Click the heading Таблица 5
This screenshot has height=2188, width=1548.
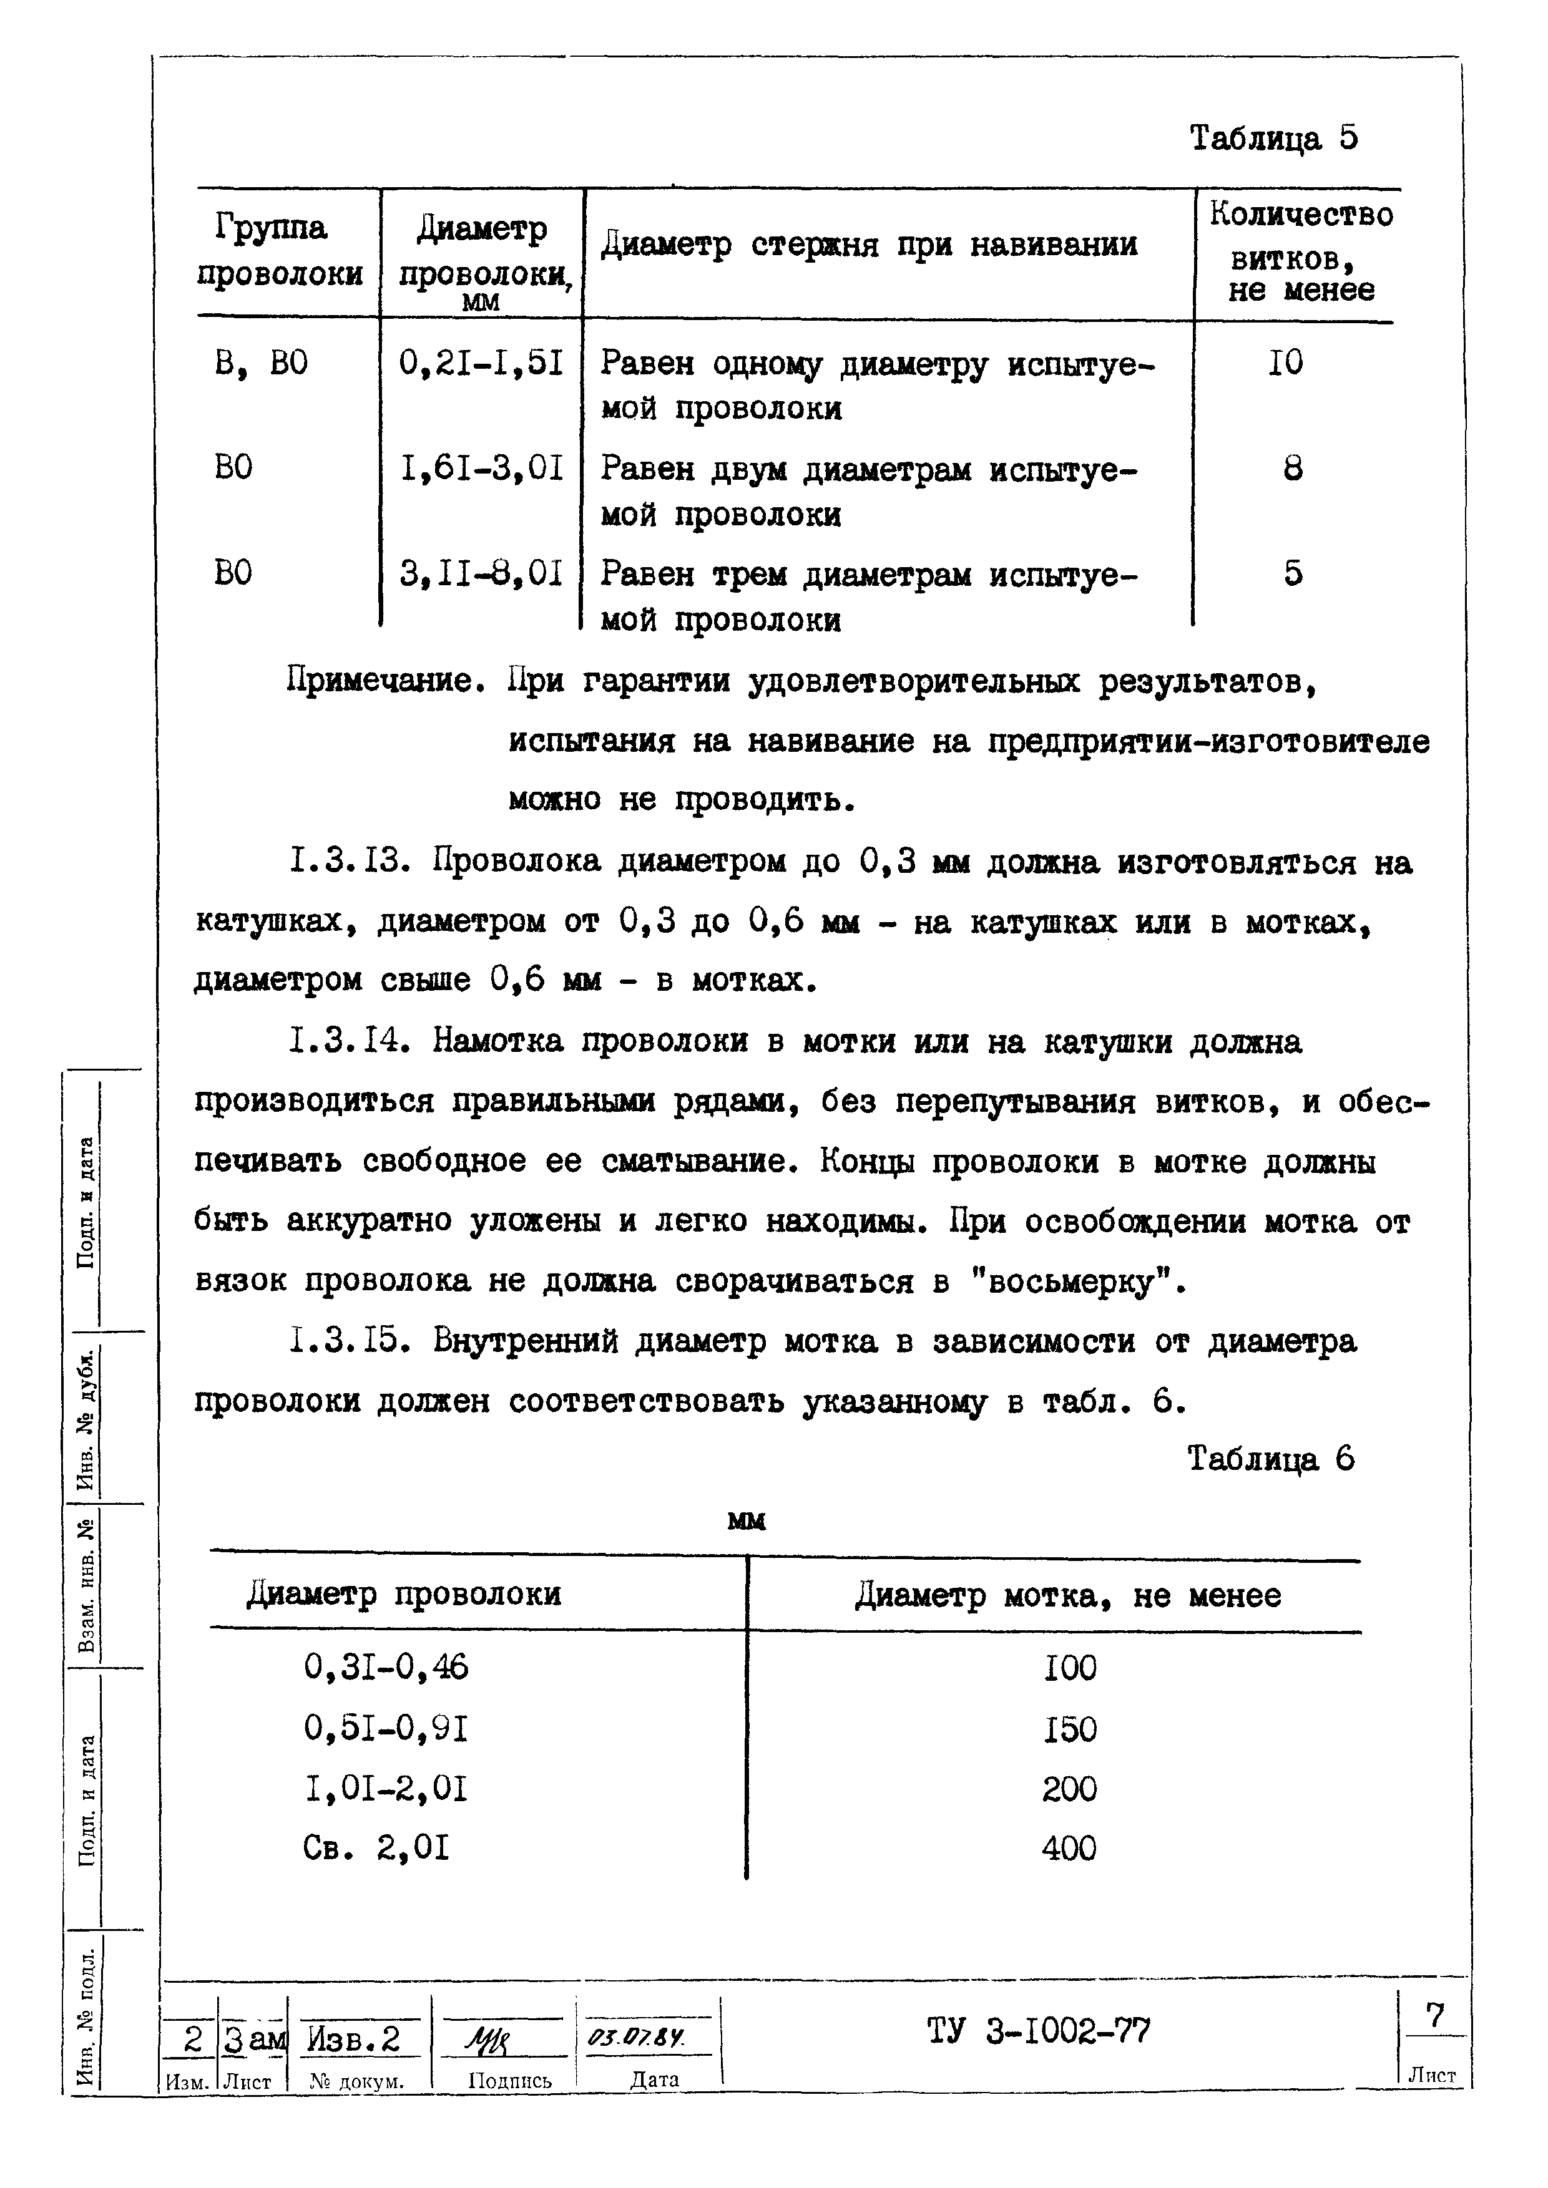[x=1273, y=139]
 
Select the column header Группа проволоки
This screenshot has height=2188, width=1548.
[x=279, y=251]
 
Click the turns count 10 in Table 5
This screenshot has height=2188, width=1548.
[x=1285, y=363]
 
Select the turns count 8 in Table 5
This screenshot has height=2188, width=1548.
[x=1293, y=469]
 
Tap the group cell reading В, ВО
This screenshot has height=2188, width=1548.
[x=261, y=364]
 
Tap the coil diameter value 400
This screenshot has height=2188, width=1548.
[x=1069, y=1849]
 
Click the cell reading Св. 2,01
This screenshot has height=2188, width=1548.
[x=376, y=1849]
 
